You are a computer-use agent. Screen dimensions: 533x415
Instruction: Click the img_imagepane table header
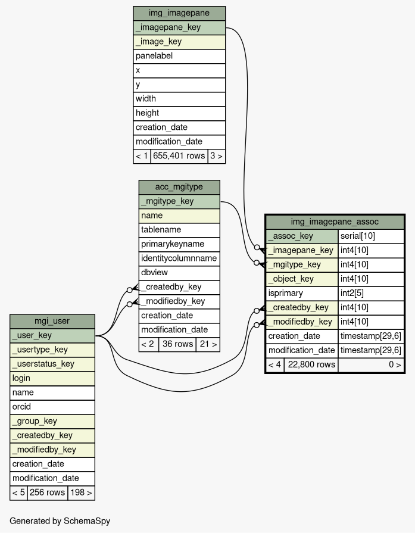[x=179, y=13]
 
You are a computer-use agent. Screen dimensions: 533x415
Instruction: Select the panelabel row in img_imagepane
[x=179, y=56]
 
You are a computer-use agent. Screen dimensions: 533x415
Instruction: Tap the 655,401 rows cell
[x=179, y=156]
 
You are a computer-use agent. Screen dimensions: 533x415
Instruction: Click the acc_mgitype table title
[x=179, y=187]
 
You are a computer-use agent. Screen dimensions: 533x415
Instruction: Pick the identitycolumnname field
[x=179, y=258]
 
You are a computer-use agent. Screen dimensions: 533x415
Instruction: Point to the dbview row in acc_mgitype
[x=179, y=273]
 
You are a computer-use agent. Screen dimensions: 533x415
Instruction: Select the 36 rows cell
[x=177, y=344]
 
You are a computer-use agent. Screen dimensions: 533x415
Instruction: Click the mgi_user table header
[x=52, y=321]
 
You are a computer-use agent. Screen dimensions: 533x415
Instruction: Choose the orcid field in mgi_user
[x=52, y=407]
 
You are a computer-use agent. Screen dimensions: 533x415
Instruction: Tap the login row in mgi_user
[x=52, y=378]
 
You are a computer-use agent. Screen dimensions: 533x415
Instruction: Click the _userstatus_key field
[x=52, y=364]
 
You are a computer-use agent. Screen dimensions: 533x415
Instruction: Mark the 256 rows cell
[x=47, y=493]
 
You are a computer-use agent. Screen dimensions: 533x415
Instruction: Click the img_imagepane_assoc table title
[x=335, y=222]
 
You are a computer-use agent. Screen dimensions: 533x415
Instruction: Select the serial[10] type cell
[x=371, y=236]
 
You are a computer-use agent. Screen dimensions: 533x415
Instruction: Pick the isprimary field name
[x=302, y=293]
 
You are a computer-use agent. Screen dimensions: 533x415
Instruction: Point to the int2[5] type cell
[x=371, y=293]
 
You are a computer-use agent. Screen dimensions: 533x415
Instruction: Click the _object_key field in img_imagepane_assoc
[x=302, y=279]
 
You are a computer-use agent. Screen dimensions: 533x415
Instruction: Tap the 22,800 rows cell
[x=311, y=364]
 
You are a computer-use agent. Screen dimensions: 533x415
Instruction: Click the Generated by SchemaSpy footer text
[x=60, y=521]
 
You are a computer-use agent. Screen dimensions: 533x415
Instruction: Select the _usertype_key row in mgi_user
[x=52, y=350]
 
